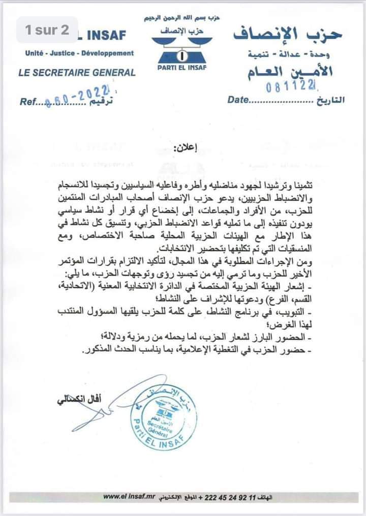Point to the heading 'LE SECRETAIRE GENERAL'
point(77,72)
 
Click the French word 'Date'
point(238,100)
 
